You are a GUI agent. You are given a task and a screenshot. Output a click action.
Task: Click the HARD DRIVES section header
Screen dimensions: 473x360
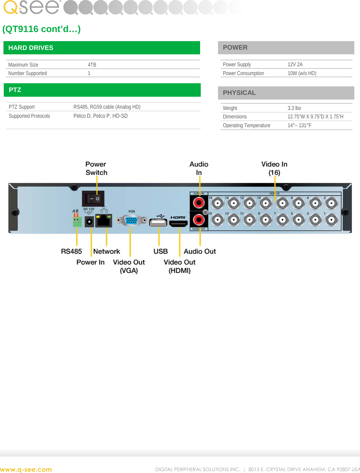(x=31, y=48)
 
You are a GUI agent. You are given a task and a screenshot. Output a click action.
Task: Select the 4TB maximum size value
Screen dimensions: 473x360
(x=92, y=65)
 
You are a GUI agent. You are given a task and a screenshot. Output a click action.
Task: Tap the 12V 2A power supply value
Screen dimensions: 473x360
(x=295, y=64)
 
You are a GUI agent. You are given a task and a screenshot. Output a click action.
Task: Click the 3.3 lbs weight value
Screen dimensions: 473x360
(x=294, y=108)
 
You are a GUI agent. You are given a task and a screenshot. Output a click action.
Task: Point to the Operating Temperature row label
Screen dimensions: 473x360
(x=246, y=125)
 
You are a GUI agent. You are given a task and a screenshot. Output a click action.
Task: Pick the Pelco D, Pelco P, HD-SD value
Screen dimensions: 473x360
(x=101, y=116)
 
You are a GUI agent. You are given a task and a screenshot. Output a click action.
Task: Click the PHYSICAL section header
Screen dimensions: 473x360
(x=239, y=93)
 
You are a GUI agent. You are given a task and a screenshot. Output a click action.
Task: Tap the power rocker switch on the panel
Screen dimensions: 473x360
(x=93, y=198)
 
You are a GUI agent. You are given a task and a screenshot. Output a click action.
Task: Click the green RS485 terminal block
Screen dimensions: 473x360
(x=77, y=222)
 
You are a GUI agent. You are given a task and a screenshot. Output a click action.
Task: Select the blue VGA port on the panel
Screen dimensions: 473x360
(x=131, y=220)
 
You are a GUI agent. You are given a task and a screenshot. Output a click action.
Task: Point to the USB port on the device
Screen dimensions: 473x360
(x=158, y=223)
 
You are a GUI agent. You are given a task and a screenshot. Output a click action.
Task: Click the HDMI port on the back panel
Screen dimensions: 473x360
(x=178, y=223)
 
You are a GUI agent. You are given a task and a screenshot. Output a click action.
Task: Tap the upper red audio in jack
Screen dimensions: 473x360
(x=199, y=203)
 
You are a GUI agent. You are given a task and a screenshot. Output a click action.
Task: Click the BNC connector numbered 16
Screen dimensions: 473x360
(x=218, y=204)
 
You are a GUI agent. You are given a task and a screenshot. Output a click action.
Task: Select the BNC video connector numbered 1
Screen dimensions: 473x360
(x=331, y=220)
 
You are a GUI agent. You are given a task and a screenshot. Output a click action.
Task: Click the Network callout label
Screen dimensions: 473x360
(x=106, y=251)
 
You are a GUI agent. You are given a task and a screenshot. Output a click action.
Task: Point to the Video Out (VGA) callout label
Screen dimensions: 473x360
(x=129, y=266)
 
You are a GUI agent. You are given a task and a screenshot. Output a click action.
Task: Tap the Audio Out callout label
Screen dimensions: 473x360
(x=200, y=251)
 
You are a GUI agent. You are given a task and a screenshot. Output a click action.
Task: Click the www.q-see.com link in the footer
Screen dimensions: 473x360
(x=26, y=470)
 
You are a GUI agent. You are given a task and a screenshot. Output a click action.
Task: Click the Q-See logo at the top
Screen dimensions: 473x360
(x=31, y=8)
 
